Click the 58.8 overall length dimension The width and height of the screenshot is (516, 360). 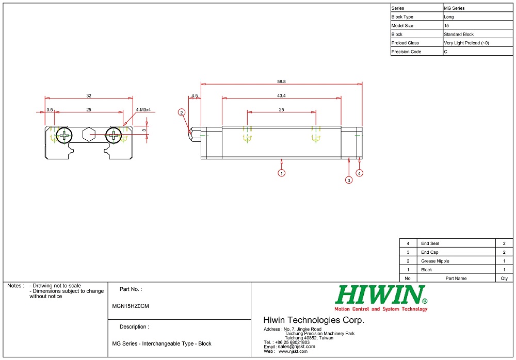point(281,81)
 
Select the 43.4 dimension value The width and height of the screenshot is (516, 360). point(281,95)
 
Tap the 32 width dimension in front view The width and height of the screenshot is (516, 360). point(89,95)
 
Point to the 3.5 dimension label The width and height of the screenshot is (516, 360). point(50,110)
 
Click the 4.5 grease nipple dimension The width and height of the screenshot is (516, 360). point(195,95)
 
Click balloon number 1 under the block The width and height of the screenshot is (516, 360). point(281,173)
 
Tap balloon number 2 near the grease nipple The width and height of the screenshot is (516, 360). point(182,112)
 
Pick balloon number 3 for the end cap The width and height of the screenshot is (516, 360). point(349,180)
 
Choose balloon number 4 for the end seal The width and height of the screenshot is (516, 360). point(359,173)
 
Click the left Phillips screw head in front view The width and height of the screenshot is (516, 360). point(64,136)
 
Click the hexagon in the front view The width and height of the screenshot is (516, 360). point(89,134)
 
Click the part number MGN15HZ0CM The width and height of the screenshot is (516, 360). point(131,306)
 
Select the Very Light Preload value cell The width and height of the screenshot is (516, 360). point(466,43)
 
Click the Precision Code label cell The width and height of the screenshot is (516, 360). point(406,52)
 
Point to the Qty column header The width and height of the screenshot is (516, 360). point(504,279)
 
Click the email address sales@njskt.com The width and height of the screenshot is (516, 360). point(296,347)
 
